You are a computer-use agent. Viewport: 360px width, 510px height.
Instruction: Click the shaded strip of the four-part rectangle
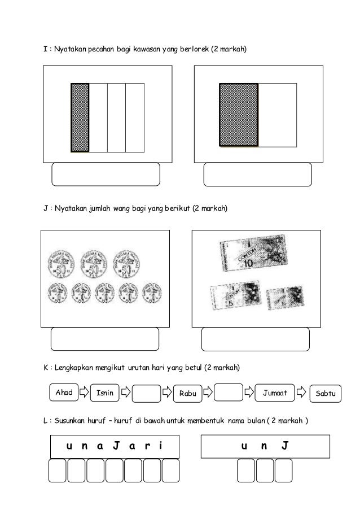tap(80, 117)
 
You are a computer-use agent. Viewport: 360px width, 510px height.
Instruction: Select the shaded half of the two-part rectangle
tap(238, 115)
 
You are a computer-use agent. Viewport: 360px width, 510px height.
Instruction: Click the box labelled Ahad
tap(64, 392)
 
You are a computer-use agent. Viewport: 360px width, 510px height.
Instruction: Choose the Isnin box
tap(104, 393)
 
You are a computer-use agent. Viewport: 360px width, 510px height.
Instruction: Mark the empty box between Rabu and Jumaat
tap(229, 392)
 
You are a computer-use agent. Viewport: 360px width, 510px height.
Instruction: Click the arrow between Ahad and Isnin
tap(83, 390)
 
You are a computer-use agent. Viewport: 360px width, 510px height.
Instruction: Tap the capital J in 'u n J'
tap(285, 446)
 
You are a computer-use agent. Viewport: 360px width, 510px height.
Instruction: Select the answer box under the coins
tap(104, 339)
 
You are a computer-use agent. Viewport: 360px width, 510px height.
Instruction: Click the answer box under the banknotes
tap(255, 339)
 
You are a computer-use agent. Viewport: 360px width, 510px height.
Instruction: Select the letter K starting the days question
tap(46, 368)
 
